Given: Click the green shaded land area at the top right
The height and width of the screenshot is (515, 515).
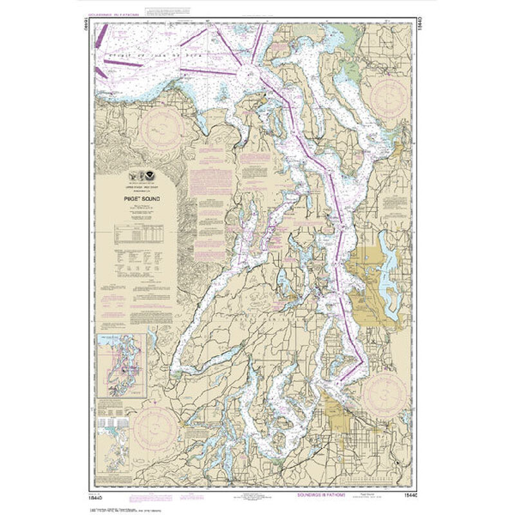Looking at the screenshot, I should coord(348,32).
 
